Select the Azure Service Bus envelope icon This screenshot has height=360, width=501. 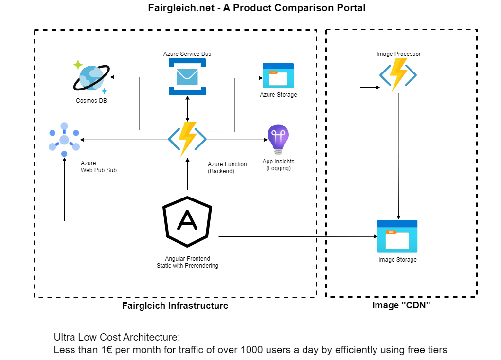pos(188,76)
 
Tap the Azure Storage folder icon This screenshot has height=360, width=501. pos(278,75)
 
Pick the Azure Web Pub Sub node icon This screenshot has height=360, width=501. pos(64,140)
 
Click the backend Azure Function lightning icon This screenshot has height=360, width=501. pos(187,139)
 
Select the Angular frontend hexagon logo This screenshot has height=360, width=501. pos(187,221)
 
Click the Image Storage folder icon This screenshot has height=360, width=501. pos(397,236)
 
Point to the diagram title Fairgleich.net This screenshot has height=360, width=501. pos(256,8)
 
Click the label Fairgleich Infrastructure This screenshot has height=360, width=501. pos(175,306)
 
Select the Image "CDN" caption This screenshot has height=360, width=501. pos(401,306)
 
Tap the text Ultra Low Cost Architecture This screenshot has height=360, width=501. pos(117,337)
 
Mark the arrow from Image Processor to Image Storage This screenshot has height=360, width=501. pos(399,156)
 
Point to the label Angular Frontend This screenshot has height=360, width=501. pos(187,259)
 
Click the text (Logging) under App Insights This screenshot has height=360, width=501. pos(278,168)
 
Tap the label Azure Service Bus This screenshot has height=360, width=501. pos(187,54)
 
